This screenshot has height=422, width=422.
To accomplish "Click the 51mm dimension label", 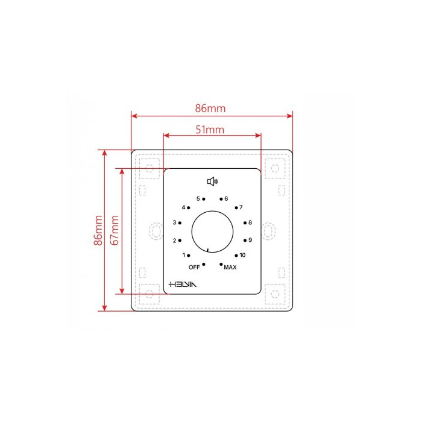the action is (210, 130).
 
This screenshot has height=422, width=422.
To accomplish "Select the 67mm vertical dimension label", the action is (115, 230).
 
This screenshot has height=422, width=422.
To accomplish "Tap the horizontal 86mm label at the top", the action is (210, 108).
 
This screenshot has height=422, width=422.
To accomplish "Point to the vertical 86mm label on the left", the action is (98, 230).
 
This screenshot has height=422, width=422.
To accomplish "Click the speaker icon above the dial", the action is (212, 181).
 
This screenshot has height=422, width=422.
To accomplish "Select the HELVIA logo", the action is (183, 285).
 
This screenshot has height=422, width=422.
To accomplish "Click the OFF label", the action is (194, 267).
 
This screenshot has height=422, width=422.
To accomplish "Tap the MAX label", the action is (230, 267).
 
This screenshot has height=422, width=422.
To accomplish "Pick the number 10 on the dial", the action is (242, 255).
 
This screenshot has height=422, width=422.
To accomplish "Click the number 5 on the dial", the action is (198, 198).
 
